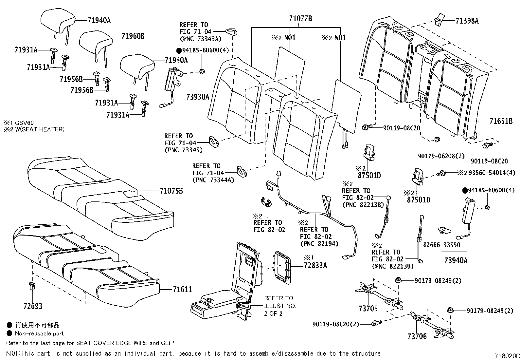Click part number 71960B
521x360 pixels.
(x=133, y=36)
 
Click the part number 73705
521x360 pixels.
(x=368, y=308)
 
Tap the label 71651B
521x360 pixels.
(x=501, y=122)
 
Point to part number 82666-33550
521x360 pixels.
(x=441, y=245)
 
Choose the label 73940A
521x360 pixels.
(x=456, y=260)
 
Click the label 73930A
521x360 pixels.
(x=197, y=97)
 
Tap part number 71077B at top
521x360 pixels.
(x=300, y=19)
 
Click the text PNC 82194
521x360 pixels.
(x=319, y=243)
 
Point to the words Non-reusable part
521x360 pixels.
(x=39, y=333)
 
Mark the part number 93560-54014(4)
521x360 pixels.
(x=491, y=172)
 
